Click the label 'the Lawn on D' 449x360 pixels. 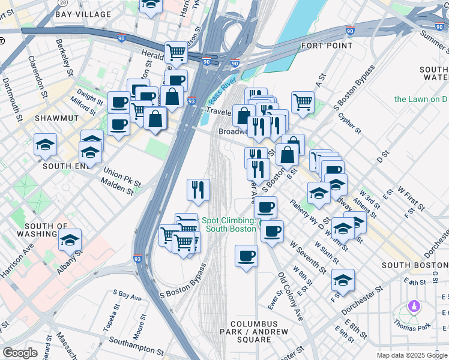(x=421, y=98)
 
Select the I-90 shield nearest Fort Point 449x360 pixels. (x=350, y=30)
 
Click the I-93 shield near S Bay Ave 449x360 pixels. (x=137, y=260)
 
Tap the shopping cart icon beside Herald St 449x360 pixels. (x=176, y=52)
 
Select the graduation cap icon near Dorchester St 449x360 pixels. (x=343, y=280)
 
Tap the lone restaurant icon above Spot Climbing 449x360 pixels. (x=198, y=190)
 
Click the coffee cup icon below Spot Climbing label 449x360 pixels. (x=246, y=256)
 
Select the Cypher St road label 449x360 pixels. (x=350, y=123)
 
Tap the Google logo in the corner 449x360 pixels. (x=20, y=353)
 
